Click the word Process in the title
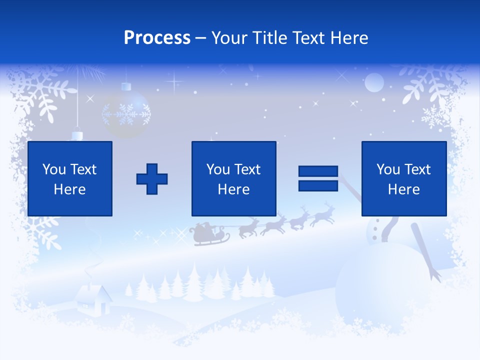(x=157, y=38)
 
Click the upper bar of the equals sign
(x=318, y=171)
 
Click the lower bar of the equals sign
(x=318, y=186)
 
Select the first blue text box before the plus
(x=70, y=179)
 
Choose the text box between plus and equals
(x=233, y=179)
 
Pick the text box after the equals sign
(x=403, y=179)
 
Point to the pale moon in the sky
(x=374, y=82)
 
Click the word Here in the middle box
(x=233, y=189)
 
